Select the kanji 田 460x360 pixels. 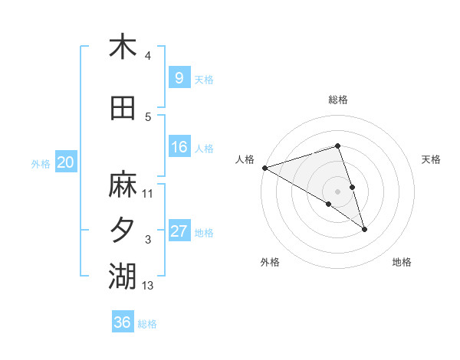pyautogui.click(x=123, y=109)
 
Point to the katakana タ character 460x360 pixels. pyautogui.click(x=123, y=230)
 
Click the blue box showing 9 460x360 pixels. pyautogui.click(x=179, y=77)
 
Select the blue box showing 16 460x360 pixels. pyautogui.click(x=179, y=147)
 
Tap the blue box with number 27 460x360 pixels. pyautogui.click(x=179, y=231)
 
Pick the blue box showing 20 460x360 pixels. pyautogui.click(x=66, y=162)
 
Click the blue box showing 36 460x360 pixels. pyautogui.click(x=122, y=322)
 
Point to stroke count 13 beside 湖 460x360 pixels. pyautogui.click(x=148, y=286)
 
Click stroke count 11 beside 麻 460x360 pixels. pyautogui.click(x=148, y=193)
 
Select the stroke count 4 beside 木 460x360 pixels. pyautogui.click(x=147, y=56)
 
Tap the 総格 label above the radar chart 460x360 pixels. pyautogui.click(x=337, y=100)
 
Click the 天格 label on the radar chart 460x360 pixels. pyautogui.click(x=432, y=159)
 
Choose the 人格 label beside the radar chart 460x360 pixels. pyautogui.click(x=245, y=159)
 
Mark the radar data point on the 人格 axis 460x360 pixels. pyautogui.click(x=264, y=168)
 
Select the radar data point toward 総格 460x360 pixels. pyautogui.click(x=337, y=146)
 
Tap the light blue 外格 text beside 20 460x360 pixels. pyautogui.click(x=41, y=163)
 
